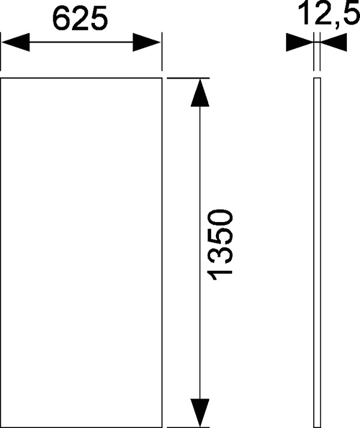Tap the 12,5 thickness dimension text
tap(325, 15)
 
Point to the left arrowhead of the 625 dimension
tap(14, 43)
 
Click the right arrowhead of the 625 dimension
tap(147, 43)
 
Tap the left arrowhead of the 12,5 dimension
tap(299, 42)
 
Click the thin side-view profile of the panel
tap(318, 252)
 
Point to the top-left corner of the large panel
tap(1, 78)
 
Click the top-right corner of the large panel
tap(161, 78)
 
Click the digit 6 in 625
tap(61, 19)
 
